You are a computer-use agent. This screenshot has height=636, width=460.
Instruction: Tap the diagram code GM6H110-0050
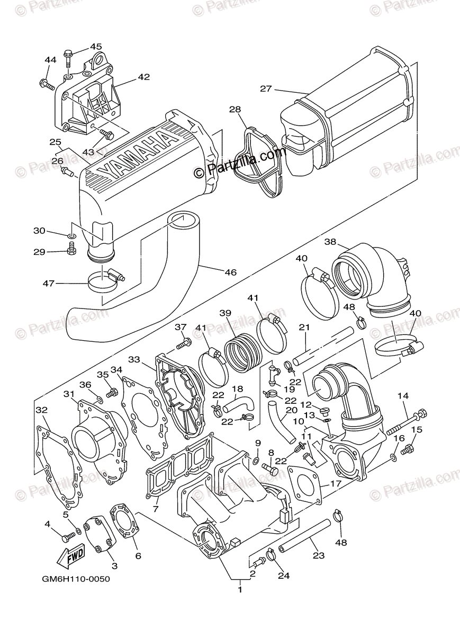coord(75,579)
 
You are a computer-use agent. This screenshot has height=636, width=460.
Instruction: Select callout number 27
coord(265,89)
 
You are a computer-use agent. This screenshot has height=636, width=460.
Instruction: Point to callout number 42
coord(144,77)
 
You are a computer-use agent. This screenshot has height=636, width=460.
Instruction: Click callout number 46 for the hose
coord(230,272)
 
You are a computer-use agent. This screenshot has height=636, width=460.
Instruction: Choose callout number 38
coord(330,242)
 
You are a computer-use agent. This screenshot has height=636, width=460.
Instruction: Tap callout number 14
coord(403,395)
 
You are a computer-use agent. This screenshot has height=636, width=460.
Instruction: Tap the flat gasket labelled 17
coord(306,485)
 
